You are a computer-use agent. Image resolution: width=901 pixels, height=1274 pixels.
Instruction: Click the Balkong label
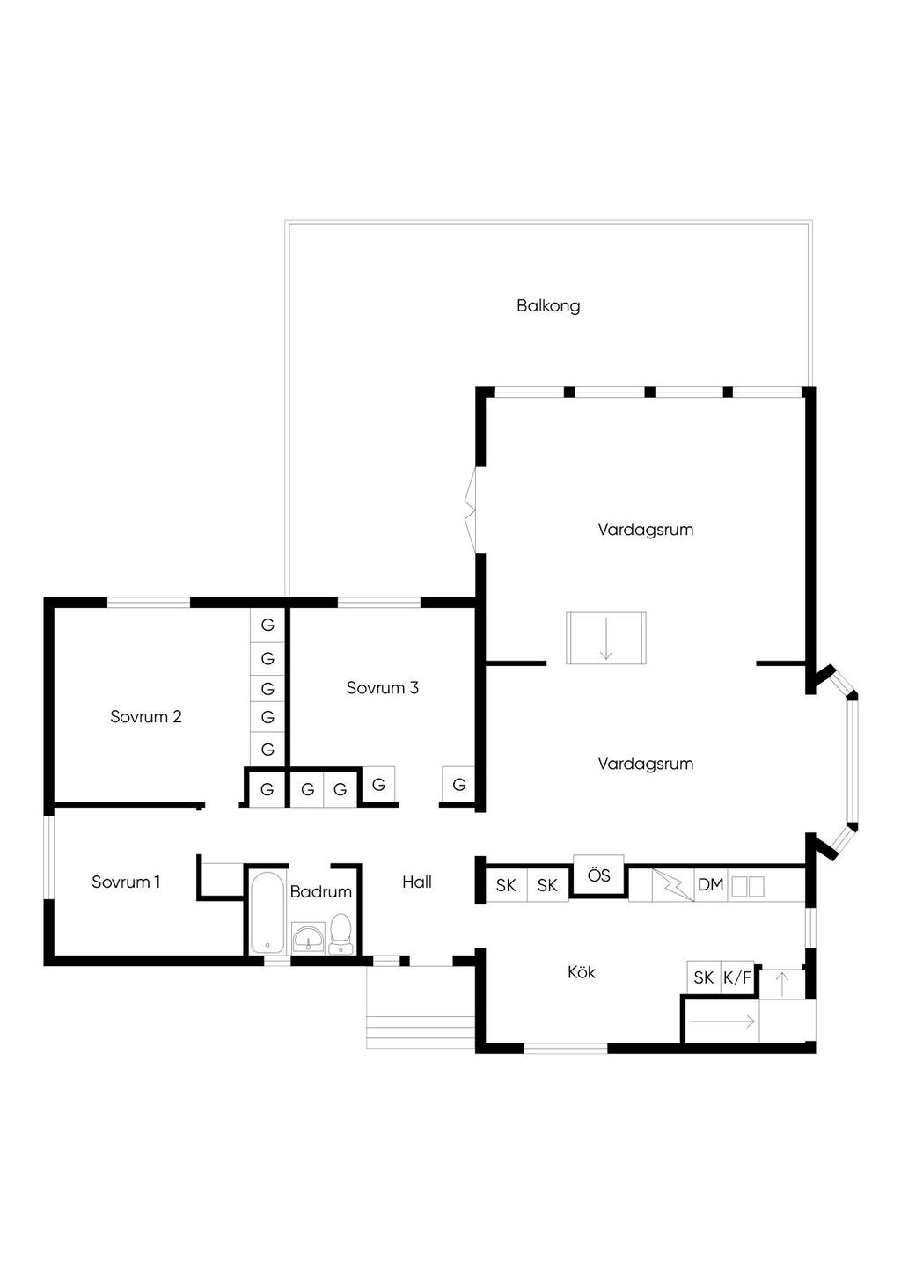(x=548, y=306)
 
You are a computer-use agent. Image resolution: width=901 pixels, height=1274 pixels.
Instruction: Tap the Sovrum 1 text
(x=126, y=882)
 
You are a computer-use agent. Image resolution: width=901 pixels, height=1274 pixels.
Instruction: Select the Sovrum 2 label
(x=146, y=716)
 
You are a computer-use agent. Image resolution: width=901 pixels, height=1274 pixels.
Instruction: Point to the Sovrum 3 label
(x=382, y=688)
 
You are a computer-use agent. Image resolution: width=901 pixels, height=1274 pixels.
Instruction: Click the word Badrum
(x=321, y=891)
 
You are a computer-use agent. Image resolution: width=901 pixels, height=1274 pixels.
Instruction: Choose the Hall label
(x=417, y=882)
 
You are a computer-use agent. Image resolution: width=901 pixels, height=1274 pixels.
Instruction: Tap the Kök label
(x=582, y=972)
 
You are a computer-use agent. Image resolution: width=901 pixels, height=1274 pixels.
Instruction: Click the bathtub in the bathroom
(x=268, y=912)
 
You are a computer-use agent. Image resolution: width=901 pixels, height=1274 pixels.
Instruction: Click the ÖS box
(x=598, y=875)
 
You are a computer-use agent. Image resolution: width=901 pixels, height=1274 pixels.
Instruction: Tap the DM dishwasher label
(x=710, y=885)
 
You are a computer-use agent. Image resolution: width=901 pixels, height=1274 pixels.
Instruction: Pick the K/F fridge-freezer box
(x=737, y=977)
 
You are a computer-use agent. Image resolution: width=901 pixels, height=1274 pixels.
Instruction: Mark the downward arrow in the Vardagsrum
(x=605, y=639)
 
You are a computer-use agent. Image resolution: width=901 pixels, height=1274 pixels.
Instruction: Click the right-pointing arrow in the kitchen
(x=722, y=1021)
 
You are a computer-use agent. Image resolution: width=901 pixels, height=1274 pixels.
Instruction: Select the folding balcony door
(x=472, y=510)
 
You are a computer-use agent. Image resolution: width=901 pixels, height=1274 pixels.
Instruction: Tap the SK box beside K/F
(x=704, y=977)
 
